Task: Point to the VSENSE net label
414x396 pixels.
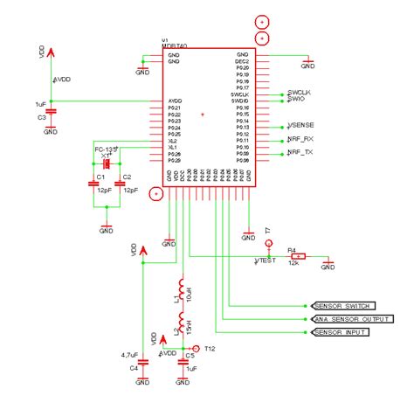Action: [300, 127]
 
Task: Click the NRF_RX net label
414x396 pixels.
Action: [300, 140]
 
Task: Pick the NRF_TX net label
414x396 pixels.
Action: [300, 153]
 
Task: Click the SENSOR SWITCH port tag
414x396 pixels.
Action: [343, 306]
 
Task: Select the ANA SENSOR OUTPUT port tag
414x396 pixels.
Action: [349, 319]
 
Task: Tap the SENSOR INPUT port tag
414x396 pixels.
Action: [340, 333]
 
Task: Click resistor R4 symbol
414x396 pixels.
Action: [299, 256]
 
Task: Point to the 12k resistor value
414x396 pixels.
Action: [298, 263]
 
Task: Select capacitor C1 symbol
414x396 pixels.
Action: [92, 184]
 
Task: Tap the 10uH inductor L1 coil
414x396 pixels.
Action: [181, 290]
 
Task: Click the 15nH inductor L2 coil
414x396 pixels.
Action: [181, 323]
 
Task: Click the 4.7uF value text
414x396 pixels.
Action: [130, 355]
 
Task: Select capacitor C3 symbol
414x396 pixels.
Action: [51, 110]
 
